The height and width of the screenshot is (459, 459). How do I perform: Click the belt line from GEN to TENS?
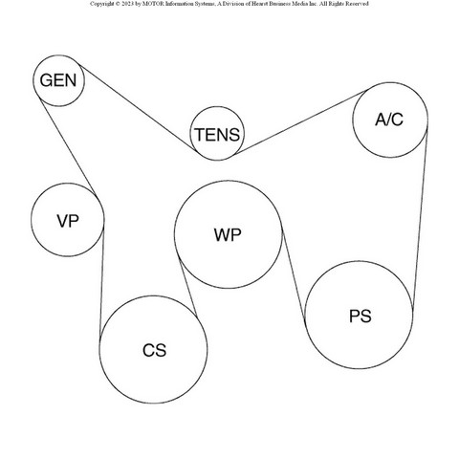click(138, 107)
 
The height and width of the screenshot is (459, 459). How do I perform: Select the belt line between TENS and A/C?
click(300, 122)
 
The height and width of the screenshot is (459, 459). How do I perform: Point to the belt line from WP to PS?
click(294, 276)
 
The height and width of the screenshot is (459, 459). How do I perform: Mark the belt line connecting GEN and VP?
click(68, 146)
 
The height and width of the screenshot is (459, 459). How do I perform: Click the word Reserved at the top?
click(359, 4)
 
